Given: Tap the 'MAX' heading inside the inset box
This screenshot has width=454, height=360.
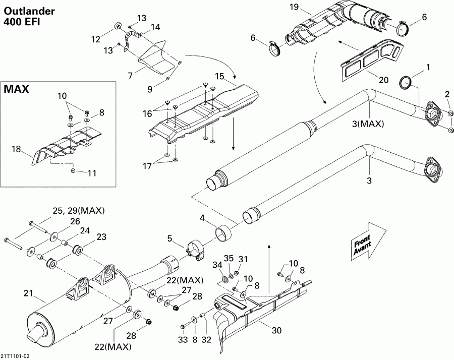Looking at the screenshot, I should [16, 90].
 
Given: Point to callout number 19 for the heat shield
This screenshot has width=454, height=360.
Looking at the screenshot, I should [294, 7].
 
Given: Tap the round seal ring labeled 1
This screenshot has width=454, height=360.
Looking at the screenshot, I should [407, 82].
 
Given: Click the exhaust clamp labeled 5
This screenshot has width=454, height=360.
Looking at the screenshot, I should [195, 250].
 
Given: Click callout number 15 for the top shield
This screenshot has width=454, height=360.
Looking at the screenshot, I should [219, 76].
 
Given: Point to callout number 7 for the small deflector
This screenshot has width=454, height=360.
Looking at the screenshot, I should [130, 76].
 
